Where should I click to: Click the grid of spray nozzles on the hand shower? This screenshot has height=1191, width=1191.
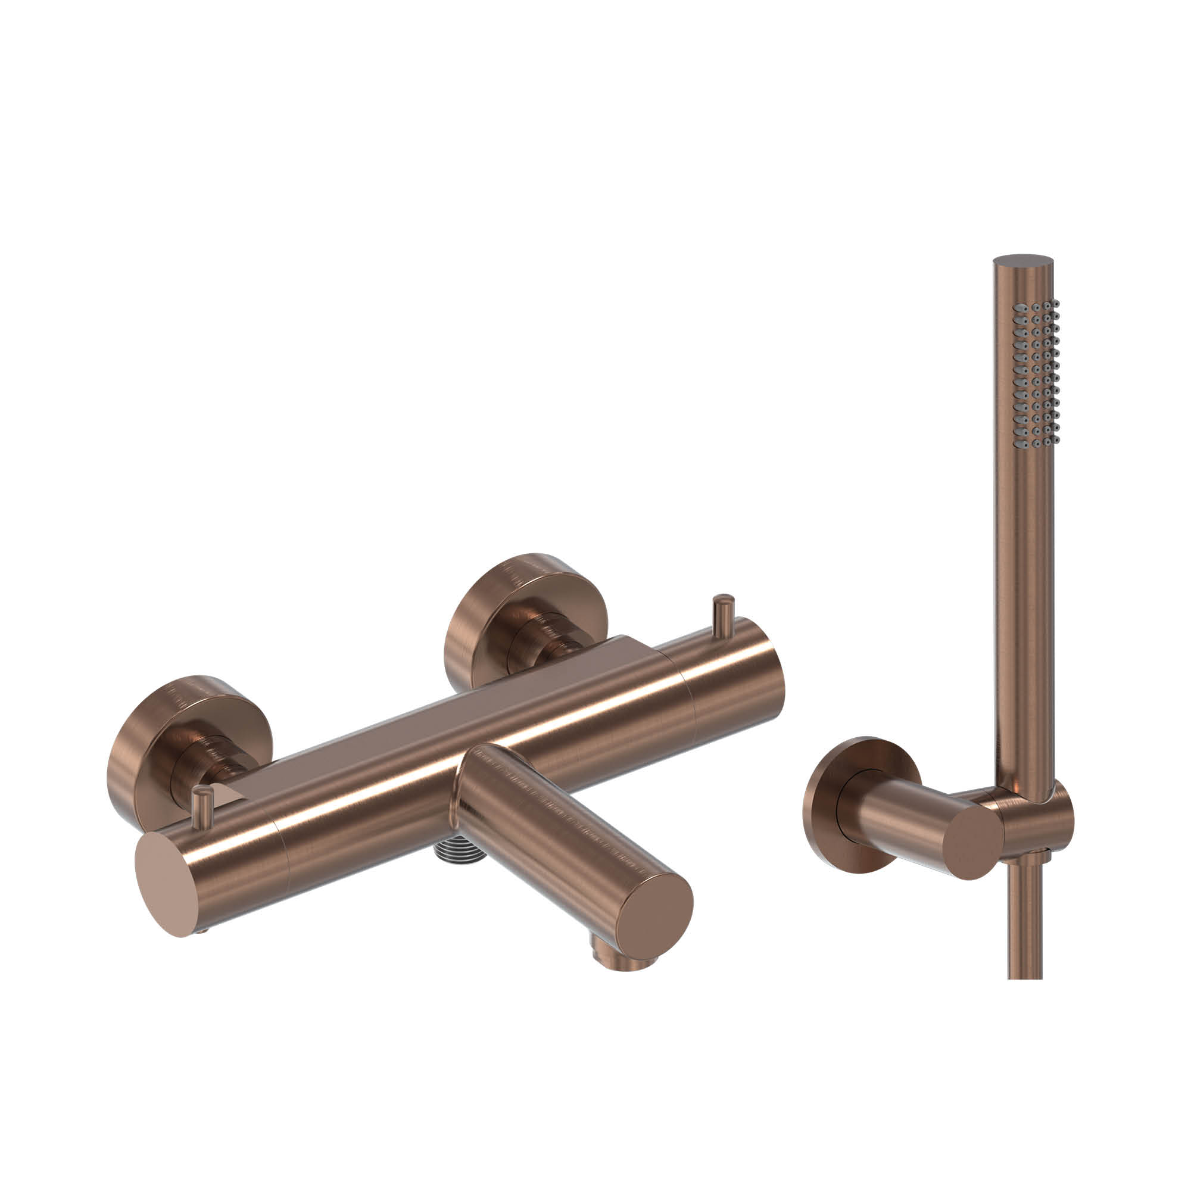pyautogui.click(x=1036, y=370)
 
